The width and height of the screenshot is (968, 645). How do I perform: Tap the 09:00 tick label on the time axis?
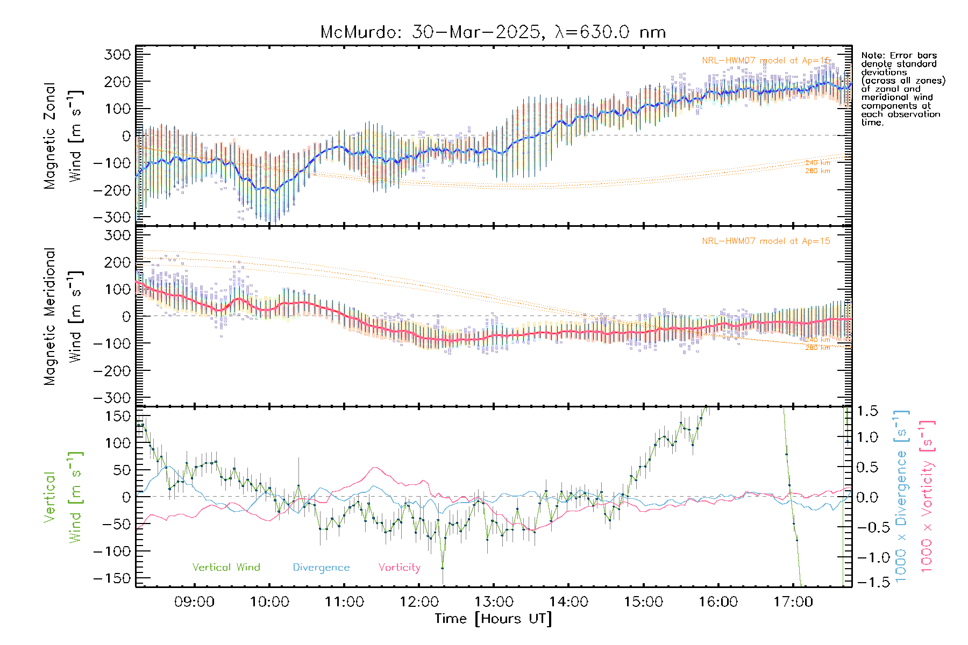pos(194,602)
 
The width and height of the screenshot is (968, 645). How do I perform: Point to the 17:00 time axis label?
pos(793,602)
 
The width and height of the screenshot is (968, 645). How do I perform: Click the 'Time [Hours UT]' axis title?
pos(493,619)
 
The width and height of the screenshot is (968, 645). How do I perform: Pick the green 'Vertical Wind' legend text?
pos(226,568)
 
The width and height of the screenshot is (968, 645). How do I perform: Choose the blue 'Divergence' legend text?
pos(321,568)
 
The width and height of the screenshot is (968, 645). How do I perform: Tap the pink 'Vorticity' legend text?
pos(399,568)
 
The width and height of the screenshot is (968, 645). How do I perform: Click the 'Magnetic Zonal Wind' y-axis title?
pos(63,135)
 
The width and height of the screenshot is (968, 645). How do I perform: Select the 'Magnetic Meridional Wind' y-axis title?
pos(63,317)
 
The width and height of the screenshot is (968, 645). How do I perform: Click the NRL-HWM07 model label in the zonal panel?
pos(766,61)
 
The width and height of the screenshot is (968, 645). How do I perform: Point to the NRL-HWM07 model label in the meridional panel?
pos(766,241)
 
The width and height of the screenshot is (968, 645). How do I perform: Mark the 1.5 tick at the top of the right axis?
pos(867,411)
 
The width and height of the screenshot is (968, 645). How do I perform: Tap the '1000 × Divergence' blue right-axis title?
pos(901,496)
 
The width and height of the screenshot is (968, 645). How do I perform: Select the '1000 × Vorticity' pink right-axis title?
pos(927,496)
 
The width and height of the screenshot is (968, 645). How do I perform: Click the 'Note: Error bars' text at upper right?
pos(899,55)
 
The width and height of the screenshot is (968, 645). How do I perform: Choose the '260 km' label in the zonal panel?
pos(817,171)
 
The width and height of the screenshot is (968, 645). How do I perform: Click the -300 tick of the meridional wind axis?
pos(112,398)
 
